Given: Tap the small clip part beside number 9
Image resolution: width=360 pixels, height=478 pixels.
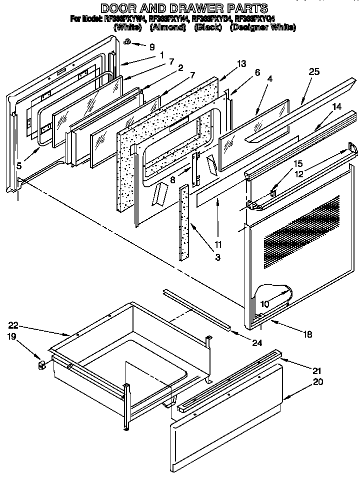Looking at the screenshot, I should pos(128,42).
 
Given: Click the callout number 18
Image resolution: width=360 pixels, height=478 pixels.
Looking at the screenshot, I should pos(308,334).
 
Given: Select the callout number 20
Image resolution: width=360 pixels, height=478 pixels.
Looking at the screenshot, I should pos(317,382).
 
